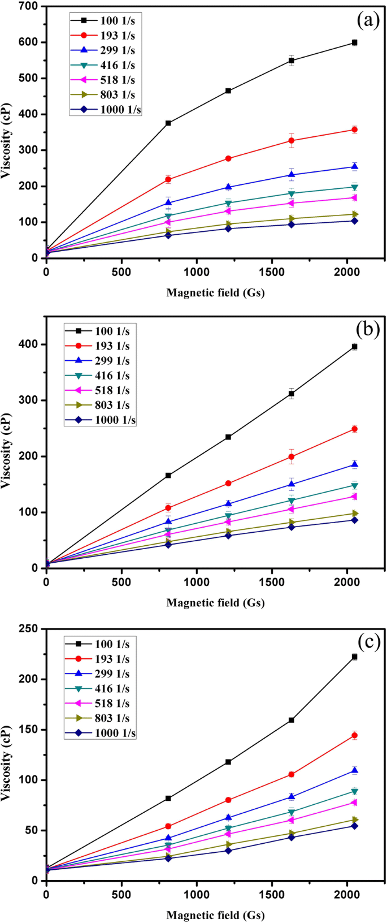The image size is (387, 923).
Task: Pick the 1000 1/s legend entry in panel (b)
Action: pos(100,420)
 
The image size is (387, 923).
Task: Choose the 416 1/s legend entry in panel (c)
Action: pos(100,689)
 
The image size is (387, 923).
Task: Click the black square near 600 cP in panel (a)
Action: pos(354,42)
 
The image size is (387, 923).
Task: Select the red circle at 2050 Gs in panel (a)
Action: pos(354,130)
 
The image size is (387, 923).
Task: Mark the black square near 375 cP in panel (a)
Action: pos(168,123)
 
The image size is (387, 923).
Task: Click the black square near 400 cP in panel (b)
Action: pos(354,346)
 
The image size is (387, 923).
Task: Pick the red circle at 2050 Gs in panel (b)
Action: pos(354,429)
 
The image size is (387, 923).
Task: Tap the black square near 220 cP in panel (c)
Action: pos(354,657)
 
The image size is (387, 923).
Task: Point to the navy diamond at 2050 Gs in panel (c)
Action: pos(354,826)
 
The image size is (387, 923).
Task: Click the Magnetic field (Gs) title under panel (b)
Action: pos(215,603)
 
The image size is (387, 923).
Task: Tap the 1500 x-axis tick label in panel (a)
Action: pos(272,272)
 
